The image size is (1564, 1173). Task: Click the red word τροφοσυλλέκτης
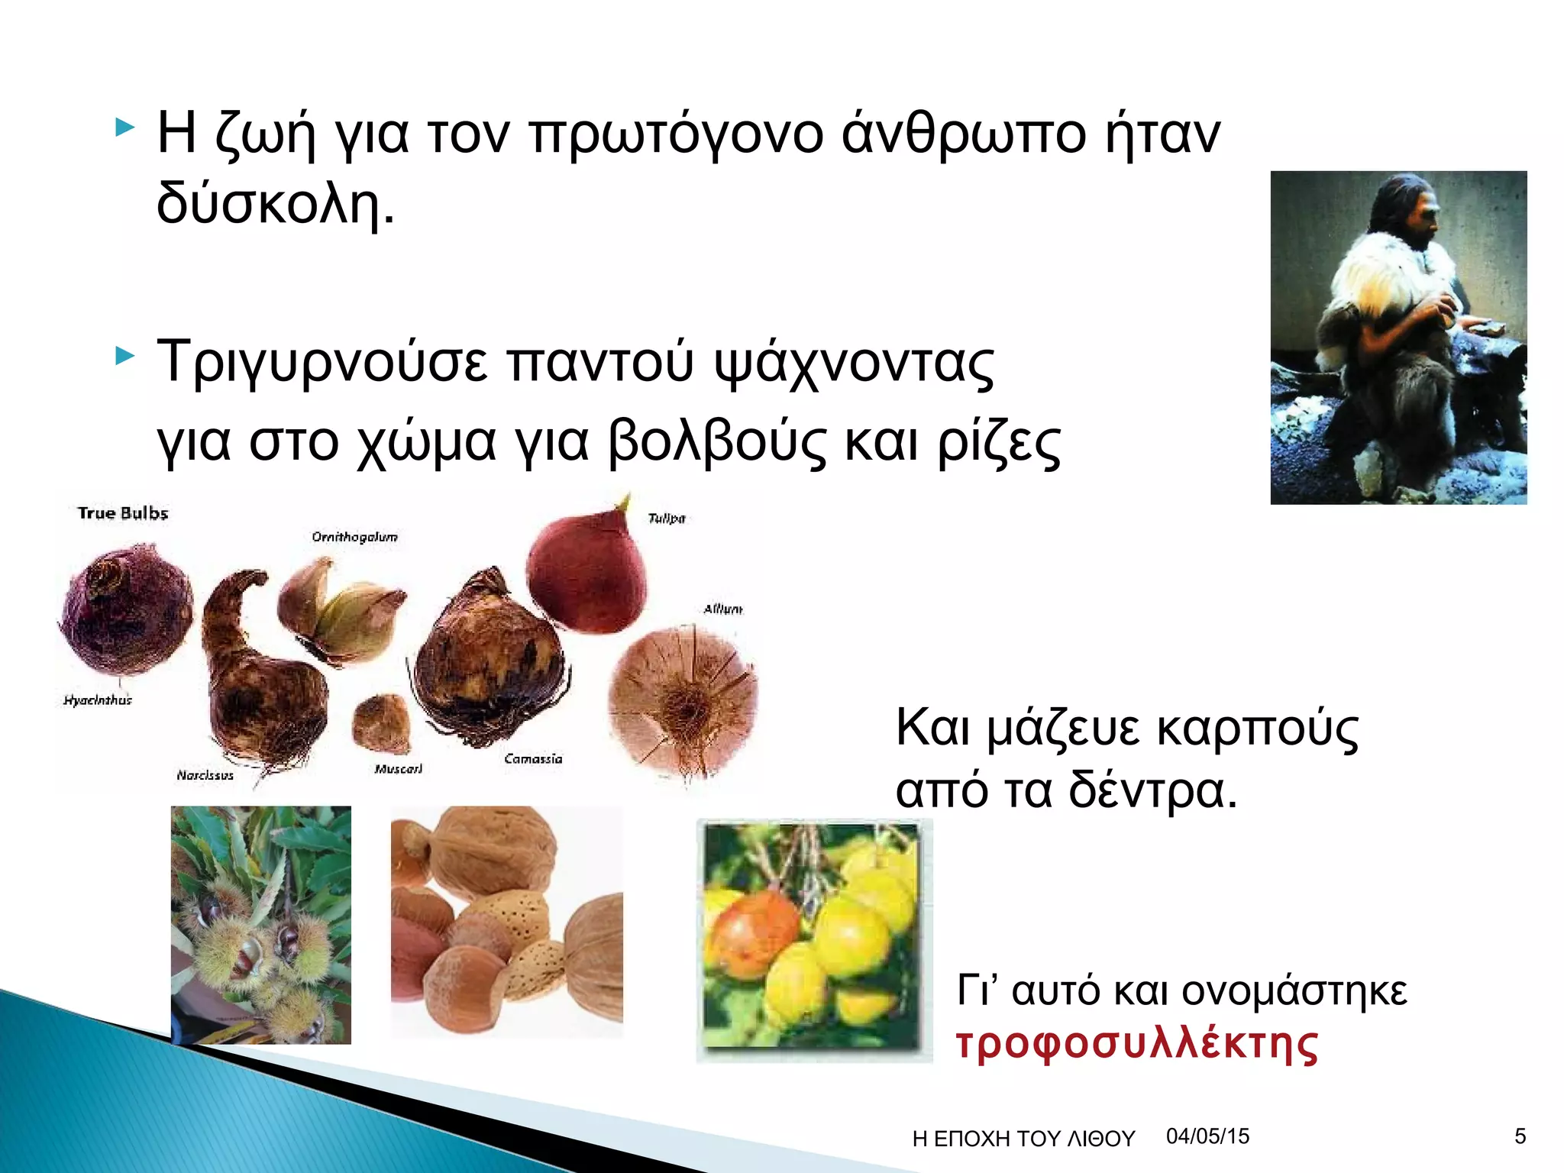(1136, 1044)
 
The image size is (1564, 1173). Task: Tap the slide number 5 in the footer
(1520, 1136)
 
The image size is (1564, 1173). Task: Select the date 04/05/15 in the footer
(1207, 1136)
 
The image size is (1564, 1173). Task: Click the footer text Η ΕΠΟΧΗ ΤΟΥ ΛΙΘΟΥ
(1023, 1139)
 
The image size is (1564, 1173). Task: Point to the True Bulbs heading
(122, 513)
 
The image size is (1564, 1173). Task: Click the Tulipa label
(666, 519)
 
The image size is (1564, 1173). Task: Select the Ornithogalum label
(354, 537)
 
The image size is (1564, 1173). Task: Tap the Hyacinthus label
(98, 700)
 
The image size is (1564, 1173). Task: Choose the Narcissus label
(205, 775)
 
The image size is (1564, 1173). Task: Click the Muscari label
(398, 768)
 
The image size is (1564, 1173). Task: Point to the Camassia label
(533, 758)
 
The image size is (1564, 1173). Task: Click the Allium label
(722, 609)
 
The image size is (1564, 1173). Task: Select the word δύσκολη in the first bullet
(275, 205)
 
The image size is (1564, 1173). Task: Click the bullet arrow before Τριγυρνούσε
(124, 356)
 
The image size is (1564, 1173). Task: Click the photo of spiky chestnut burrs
(260, 925)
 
